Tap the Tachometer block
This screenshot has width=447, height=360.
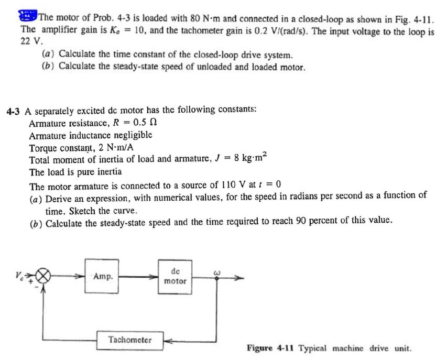pyautogui.click(x=130, y=340)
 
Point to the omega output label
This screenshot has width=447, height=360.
pyautogui.click(x=215, y=271)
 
